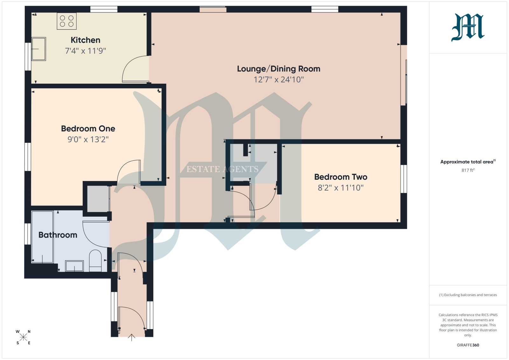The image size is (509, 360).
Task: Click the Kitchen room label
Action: pyautogui.click(x=86, y=40)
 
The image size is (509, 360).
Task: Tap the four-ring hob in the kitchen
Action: pyautogui.click(x=66, y=21)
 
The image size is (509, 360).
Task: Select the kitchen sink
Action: pyautogui.click(x=38, y=49)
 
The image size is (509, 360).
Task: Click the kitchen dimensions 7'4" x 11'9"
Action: pyautogui.click(x=86, y=51)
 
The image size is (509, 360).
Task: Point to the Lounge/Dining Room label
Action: pyautogui.click(x=279, y=69)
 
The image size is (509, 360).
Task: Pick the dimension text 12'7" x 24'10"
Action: pyautogui.click(x=279, y=80)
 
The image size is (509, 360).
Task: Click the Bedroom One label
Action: pyautogui.click(x=88, y=128)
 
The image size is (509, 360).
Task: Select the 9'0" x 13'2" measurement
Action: pyautogui.click(x=88, y=139)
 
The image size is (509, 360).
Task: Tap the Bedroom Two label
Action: pyautogui.click(x=341, y=177)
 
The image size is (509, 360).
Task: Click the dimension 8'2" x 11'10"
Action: pyautogui.click(x=341, y=188)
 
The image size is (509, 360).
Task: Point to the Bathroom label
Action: pyautogui.click(x=58, y=235)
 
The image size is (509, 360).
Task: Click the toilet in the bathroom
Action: pyautogui.click(x=95, y=260)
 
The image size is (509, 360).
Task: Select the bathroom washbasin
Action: pyautogui.click(x=74, y=266)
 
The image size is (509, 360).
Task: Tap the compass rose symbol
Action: pyautogui.click(x=23, y=337)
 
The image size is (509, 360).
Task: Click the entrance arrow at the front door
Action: pyautogui.click(x=132, y=337)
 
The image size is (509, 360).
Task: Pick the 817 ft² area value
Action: pyautogui.click(x=468, y=170)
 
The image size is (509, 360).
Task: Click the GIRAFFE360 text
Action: pyautogui.click(x=468, y=345)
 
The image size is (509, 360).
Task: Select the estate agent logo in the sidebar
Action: pyautogui.click(x=468, y=27)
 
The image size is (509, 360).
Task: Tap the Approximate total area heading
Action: pyautogui.click(x=468, y=162)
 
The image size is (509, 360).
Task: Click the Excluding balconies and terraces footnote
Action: pyautogui.click(x=468, y=295)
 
